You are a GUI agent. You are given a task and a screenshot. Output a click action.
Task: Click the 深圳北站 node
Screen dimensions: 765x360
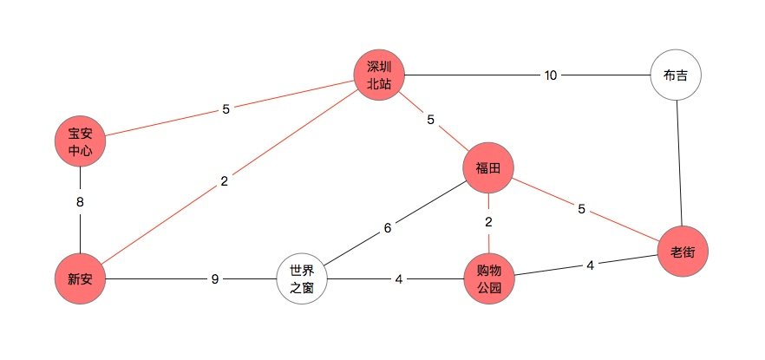(x=380, y=75)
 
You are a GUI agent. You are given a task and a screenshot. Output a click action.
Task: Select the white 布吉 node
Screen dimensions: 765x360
(x=675, y=75)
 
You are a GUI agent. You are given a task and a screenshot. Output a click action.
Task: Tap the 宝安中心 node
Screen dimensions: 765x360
(x=80, y=141)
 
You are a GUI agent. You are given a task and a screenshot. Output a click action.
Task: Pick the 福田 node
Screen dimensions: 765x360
(x=488, y=167)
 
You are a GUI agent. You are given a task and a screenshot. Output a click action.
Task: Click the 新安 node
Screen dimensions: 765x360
(x=80, y=278)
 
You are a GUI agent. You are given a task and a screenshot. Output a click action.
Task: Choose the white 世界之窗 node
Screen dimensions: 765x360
(x=302, y=278)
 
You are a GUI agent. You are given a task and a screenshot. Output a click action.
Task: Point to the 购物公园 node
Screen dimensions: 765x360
(x=488, y=278)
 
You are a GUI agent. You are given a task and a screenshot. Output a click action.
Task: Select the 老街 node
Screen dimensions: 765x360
(x=683, y=252)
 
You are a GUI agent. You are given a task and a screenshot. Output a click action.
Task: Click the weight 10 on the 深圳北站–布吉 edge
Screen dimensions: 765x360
(x=550, y=75)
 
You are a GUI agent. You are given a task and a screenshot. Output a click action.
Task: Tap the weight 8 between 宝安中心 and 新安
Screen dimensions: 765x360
(x=80, y=202)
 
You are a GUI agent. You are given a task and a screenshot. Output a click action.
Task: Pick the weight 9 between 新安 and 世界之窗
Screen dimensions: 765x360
(x=215, y=278)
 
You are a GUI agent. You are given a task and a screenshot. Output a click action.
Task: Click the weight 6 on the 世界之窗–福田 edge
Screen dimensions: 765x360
(x=388, y=228)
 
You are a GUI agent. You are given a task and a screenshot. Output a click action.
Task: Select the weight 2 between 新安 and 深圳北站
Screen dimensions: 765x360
(x=224, y=181)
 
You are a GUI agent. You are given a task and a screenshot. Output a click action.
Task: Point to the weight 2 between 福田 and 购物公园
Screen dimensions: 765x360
(x=488, y=222)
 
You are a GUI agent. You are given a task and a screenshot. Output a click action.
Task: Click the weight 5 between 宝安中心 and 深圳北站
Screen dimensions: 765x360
(x=226, y=109)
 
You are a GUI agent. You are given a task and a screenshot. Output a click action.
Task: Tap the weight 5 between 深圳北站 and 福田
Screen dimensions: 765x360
(x=430, y=120)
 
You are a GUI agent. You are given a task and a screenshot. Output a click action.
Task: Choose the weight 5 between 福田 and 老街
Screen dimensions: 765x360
(x=582, y=208)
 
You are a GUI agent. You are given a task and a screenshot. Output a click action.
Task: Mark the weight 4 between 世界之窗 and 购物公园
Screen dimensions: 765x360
(x=398, y=278)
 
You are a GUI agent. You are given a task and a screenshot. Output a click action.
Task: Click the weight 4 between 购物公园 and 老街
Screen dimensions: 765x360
(x=590, y=265)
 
